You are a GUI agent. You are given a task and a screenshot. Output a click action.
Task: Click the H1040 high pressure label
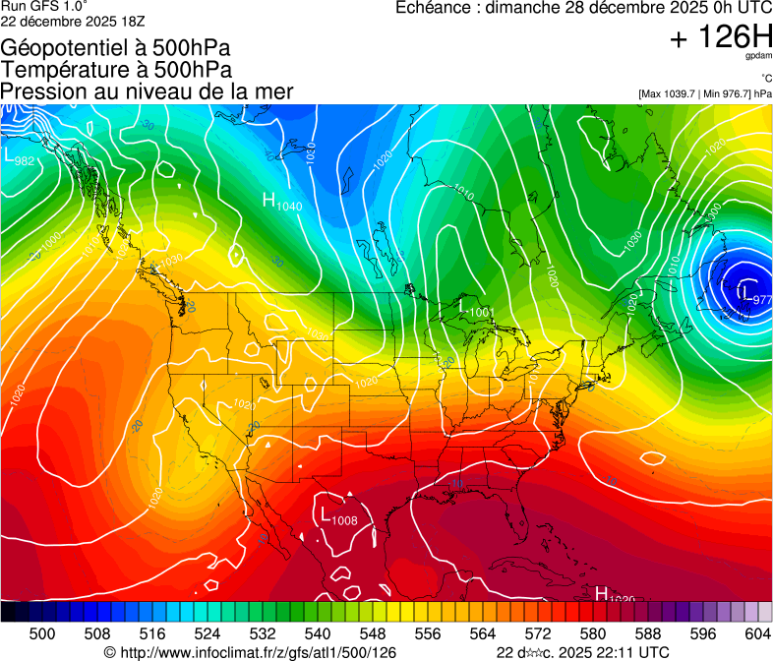(x=282, y=202)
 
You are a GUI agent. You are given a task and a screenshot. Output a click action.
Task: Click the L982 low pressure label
(x=18, y=157)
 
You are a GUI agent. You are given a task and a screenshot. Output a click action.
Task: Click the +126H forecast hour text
(x=720, y=38)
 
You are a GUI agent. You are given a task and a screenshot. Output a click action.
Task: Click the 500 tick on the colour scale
(x=42, y=633)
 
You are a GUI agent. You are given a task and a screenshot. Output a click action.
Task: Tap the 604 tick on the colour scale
(x=757, y=633)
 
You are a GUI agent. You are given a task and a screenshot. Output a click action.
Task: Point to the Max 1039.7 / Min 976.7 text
(x=704, y=93)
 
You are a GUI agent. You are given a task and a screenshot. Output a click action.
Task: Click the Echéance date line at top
(x=583, y=8)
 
